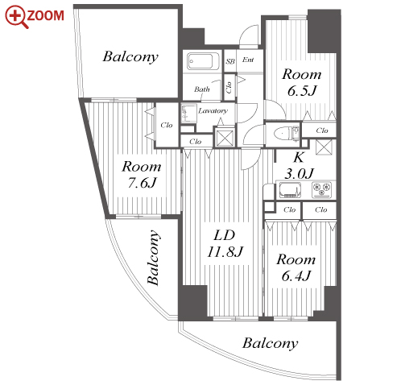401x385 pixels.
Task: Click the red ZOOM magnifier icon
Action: [17, 17]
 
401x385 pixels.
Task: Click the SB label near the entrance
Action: [230, 61]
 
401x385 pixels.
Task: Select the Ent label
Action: [248, 60]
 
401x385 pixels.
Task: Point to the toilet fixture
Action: [286, 133]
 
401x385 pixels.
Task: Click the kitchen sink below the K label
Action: [291, 190]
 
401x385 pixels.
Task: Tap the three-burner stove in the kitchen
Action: [322, 189]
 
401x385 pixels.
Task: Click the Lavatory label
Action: [213, 110]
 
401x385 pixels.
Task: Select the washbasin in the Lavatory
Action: [189, 114]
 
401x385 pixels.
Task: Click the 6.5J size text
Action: [302, 91]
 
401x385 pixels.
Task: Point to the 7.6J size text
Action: [142, 183]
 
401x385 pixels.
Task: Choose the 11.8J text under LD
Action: [225, 252]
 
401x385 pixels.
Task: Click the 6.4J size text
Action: [296, 275]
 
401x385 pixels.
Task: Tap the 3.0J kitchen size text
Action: [299, 174]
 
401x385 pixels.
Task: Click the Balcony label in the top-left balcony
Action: [130, 57]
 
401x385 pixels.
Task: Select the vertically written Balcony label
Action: [154, 257]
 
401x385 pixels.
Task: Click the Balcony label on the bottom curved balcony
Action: [270, 343]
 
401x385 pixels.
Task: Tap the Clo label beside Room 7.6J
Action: [167, 125]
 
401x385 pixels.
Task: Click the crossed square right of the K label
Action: [324, 147]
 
